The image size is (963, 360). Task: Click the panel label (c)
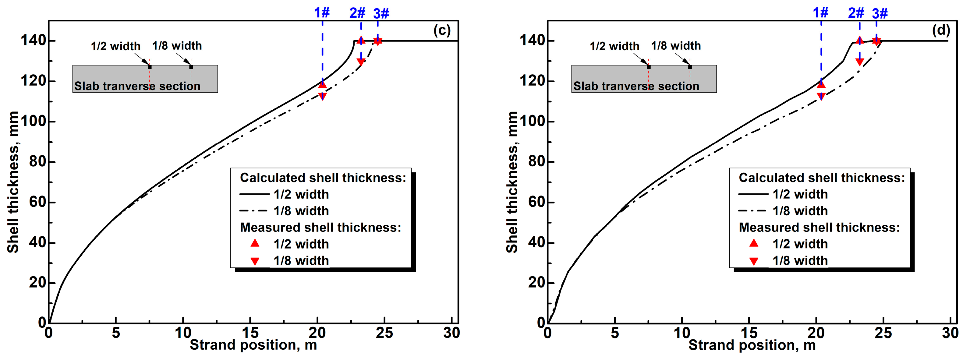click(x=442, y=30)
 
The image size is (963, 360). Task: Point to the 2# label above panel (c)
click(x=357, y=13)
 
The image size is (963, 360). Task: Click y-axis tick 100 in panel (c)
click(x=33, y=121)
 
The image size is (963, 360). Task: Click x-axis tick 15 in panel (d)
click(x=749, y=333)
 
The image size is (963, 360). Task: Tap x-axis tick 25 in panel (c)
click(x=384, y=333)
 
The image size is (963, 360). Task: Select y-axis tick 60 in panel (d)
click(x=537, y=202)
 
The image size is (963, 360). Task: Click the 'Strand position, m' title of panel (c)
click(x=253, y=345)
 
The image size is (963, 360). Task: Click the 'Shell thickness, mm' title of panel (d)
click(x=512, y=182)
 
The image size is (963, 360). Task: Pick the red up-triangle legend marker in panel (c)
click(x=255, y=243)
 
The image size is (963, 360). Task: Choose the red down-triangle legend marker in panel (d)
click(x=754, y=261)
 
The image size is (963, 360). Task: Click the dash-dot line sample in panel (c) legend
click(x=253, y=211)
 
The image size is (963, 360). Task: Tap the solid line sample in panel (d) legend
click(x=753, y=194)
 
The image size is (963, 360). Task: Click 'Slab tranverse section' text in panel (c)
click(x=137, y=86)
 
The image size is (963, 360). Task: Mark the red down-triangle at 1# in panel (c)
click(x=322, y=97)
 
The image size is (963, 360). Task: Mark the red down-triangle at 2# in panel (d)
click(x=859, y=62)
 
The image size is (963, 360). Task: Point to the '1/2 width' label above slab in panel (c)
click(x=115, y=46)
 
